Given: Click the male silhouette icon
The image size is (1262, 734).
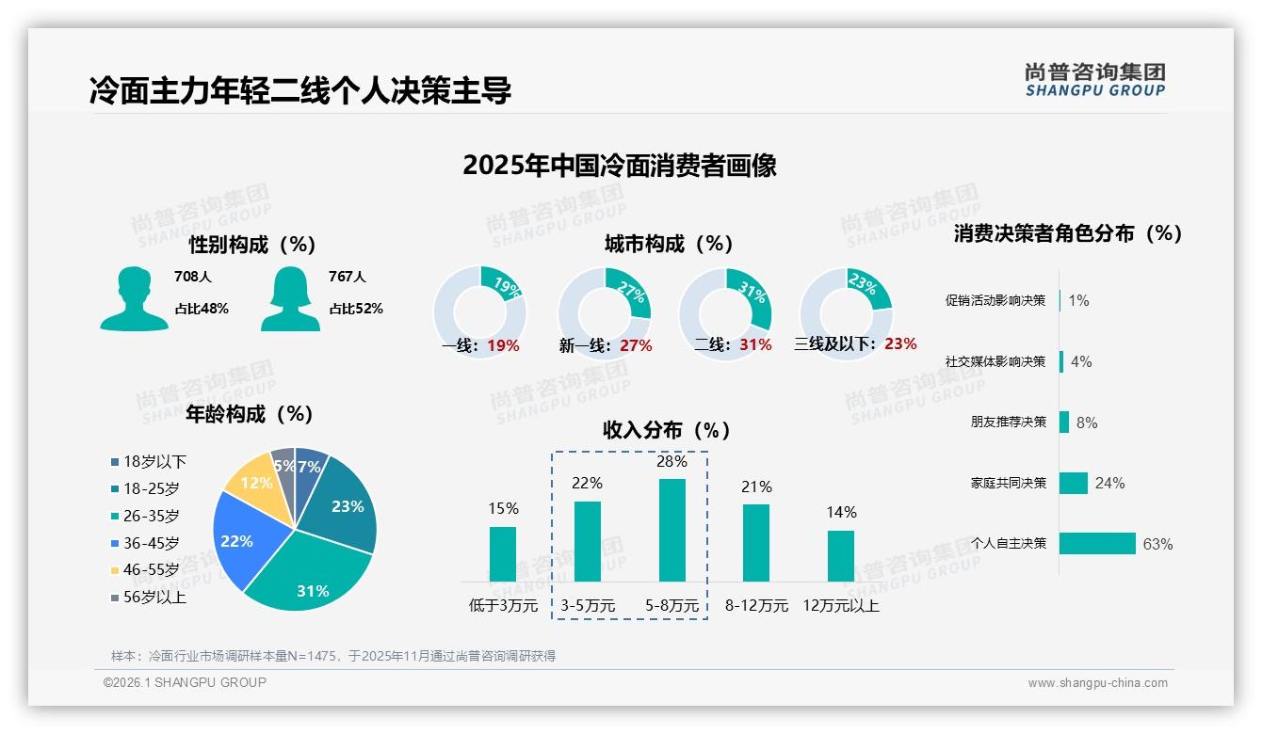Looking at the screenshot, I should [x=134, y=299].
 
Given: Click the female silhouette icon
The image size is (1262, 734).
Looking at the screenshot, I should [x=290, y=299].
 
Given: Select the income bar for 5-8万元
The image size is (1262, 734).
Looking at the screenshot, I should [x=671, y=530].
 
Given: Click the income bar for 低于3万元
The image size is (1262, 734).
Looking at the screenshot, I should [x=503, y=553].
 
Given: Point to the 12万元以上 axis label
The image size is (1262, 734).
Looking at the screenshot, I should [x=840, y=606].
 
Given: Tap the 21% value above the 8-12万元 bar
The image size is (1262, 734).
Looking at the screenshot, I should [x=756, y=487].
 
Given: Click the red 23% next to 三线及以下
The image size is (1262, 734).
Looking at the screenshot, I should [x=899, y=344].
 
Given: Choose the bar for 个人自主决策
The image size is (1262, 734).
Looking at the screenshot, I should [x=1097, y=544].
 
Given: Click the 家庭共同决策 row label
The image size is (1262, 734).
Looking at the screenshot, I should [x=1008, y=483].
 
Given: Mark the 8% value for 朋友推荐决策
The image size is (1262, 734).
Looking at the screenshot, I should [x=1087, y=423].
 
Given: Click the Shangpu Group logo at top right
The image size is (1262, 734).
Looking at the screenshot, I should [x=1094, y=79].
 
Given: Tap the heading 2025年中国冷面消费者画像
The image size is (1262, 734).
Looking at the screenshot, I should [x=620, y=166].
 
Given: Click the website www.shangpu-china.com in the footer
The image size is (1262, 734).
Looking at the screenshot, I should [x=1097, y=683].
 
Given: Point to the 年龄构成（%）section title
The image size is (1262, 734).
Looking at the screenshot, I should [x=250, y=414].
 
